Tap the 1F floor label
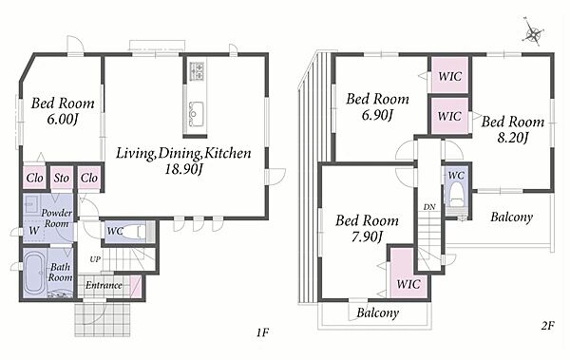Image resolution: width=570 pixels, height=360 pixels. coord(262,332)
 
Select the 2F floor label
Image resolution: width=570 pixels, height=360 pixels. coord(547,326)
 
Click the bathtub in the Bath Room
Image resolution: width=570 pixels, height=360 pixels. coord(34,274)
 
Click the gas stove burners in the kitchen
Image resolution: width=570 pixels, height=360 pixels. coord(198,71)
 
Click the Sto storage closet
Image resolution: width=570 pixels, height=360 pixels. coord(62,178)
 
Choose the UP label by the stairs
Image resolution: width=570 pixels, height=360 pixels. coord(95,259)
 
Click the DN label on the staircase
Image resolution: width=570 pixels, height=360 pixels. coord(429,207)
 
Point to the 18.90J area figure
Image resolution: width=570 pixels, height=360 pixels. coord(183,169)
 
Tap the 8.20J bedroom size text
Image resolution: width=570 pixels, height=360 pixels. coord(512,138)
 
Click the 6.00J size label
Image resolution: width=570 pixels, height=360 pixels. coord(63,120)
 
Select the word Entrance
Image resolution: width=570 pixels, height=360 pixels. coord(104,285)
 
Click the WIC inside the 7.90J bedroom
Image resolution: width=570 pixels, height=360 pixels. coord(408,284)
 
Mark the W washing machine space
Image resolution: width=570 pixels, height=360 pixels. coord(34,231)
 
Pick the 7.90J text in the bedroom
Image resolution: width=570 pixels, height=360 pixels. coord(367,237)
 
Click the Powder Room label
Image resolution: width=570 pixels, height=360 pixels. coord(56,218)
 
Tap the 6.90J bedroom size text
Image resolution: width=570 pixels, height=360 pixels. coord(377,115)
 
